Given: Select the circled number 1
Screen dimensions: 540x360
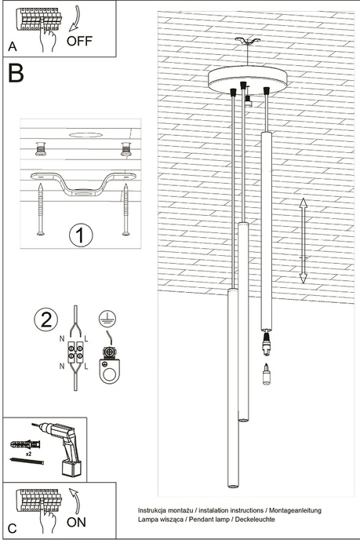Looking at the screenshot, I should point(80,235).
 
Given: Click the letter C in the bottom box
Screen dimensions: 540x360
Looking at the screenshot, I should point(12,527).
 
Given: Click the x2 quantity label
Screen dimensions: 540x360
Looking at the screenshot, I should point(29,454).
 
